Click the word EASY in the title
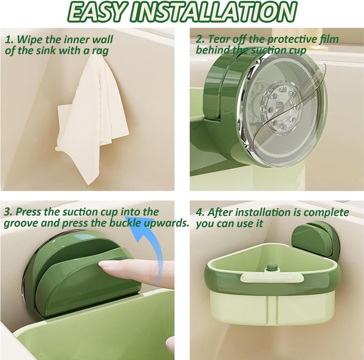pyautogui.click(x=95, y=13)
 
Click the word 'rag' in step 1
pyautogui.click(x=100, y=50)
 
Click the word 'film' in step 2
pyautogui.click(x=328, y=39)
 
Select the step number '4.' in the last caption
pyautogui.click(x=200, y=213)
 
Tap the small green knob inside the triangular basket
pyautogui.click(x=272, y=267)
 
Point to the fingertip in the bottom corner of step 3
pyautogui.click(x=170, y=345)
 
